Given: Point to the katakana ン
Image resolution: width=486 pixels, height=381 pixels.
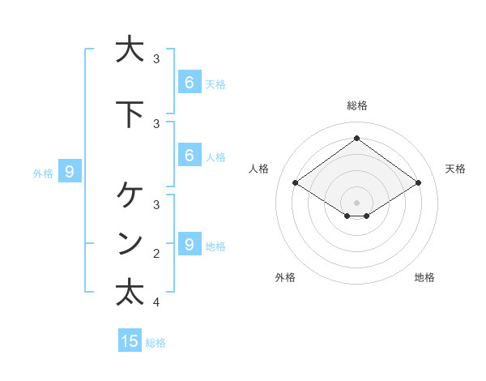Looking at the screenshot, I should click(x=130, y=243).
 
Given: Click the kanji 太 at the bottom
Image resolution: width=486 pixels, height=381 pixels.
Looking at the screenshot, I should click(x=130, y=292).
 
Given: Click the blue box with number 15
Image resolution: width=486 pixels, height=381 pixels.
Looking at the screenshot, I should click(x=130, y=341).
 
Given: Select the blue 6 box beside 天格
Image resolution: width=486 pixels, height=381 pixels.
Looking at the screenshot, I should click(x=189, y=83).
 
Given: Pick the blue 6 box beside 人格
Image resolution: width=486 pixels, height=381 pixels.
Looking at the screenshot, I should click(x=189, y=156).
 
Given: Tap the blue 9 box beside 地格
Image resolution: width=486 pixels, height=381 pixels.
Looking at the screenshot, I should click(x=189, y=245).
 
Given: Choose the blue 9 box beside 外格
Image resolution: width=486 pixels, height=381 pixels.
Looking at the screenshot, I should click(x=70, y=171).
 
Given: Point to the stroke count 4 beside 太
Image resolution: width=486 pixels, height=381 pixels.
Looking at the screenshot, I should click(x=156, y=302).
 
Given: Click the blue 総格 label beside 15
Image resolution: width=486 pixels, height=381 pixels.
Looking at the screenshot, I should click(x=156, y=343).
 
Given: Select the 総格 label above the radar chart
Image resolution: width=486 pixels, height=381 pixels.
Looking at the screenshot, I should click(x=356, y=105).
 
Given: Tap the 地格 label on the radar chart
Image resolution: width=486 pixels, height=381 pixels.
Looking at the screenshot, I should click(x=424, y=277).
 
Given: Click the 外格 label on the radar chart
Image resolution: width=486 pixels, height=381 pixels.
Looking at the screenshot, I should click(x=285, y=277).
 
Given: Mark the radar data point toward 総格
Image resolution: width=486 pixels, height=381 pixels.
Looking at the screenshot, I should click(x=356, y=138).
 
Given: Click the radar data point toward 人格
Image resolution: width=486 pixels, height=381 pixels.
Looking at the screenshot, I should click(x=295, y=183).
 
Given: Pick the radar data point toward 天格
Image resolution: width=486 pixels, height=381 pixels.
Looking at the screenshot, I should click(x=418, y=183).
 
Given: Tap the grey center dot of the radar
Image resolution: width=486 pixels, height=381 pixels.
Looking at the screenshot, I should click(x=356, y=202).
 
